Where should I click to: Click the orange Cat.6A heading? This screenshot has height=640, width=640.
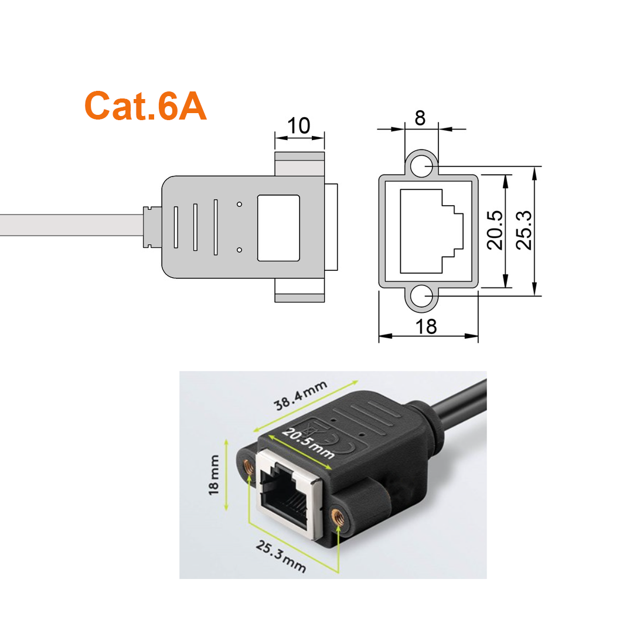click(x=145, y=105)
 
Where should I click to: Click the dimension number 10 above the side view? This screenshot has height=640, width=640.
click(x=299, y=125)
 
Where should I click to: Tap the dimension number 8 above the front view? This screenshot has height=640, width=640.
click(x=420, y=118)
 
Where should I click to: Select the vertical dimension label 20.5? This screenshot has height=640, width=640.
click(x=495, y=230)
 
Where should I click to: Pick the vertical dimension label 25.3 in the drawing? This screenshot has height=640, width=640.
click(x=524, y=230)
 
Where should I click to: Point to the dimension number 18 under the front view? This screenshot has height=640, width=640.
click(x=426, y=327)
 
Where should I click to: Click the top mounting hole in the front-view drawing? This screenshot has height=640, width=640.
click(x=421, y=167)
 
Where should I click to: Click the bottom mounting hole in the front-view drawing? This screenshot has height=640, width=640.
click(x=421, y=297)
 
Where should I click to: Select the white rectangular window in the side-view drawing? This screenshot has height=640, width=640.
click(x=278, y=228)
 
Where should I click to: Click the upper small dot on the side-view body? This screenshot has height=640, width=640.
click(x=240, y=204)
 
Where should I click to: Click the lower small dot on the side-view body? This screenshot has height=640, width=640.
click(x=240, y=250)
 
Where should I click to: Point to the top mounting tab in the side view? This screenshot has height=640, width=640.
click(x=299, y=164)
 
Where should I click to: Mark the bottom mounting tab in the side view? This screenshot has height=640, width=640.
click(x=299, y=290)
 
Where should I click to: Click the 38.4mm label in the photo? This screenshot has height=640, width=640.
click(x=301, y=396)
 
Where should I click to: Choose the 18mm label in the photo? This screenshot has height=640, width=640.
click(x=214, y=475)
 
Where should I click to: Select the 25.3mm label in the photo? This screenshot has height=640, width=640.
click(x=281, y=556)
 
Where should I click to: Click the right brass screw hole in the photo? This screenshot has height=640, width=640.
click(x=338, y=517)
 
